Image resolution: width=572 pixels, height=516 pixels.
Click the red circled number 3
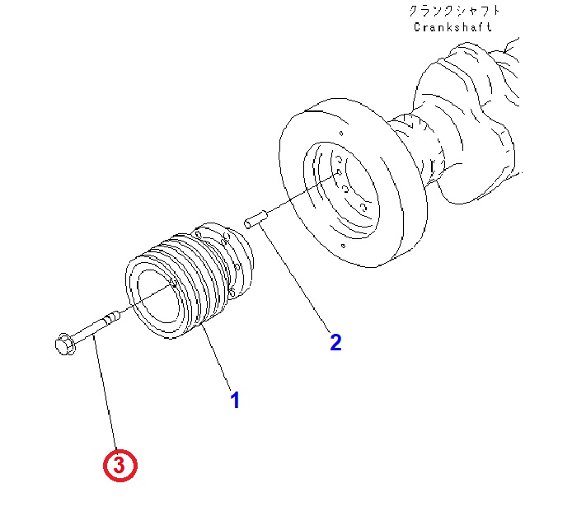[x=120, y=465]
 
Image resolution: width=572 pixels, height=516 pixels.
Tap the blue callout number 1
[x=235, y=400]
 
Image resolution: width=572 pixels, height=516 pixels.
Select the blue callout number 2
[x=335, y=342]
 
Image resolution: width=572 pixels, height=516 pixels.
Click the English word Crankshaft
[x=452, y=26]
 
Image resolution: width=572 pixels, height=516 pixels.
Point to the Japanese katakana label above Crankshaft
[x=454, y=10]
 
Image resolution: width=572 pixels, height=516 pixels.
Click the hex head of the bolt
[x=65, y=344]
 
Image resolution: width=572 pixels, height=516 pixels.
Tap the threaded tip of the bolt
[x=112, y=316]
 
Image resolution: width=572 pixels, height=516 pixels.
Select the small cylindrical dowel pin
[x=256, y=219]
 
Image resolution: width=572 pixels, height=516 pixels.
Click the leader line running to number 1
[x=217, y=359]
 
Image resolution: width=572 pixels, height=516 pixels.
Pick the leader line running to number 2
[x=296, y=279]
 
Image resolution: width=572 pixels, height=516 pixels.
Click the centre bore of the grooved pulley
[x=160, y=296]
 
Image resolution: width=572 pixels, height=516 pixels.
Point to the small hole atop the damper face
[x=341, y=134]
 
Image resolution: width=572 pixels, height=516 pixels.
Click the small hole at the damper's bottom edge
[x=343, y=246]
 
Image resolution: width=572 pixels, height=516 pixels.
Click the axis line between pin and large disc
[x=303, y=194]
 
